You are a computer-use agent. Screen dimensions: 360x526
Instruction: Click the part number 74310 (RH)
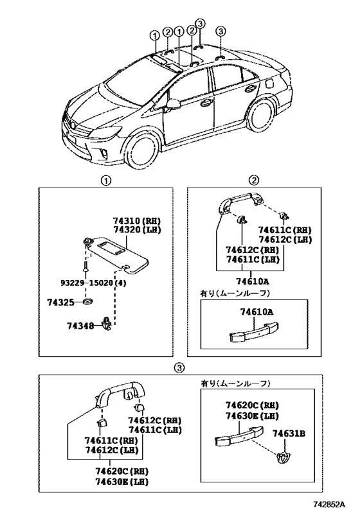click(x=137, y=221)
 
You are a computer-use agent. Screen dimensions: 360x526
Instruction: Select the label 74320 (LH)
click(x=137, y=230)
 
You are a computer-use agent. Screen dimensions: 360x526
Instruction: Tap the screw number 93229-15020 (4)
click(x=93, y=283)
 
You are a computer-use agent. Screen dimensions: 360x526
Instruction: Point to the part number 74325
click(x=60, y=302)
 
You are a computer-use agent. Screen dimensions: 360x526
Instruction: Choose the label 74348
click(x=80, y=326)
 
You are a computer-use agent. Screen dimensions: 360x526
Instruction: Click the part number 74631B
click(x=289, y=434)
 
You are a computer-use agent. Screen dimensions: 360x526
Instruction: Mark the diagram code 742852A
click(x=329, y=513)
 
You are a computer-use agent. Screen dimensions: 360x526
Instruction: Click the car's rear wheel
click(x=261, y=114)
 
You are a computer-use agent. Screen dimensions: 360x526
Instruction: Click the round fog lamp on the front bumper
click(x=104, y=154)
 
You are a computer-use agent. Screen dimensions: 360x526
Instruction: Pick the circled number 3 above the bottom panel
click(x=179, y=368)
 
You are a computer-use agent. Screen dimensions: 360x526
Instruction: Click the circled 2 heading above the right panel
click(x=254, y=180)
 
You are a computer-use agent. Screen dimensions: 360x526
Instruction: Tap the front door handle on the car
click(x=206, y=103)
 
